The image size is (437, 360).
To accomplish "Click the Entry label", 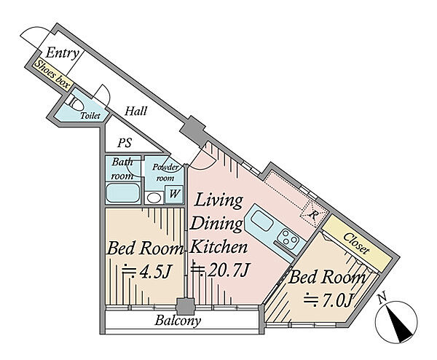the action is pos(62,53).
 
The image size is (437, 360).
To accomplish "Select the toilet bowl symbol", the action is pos(75,103).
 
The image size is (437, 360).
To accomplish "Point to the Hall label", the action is pos(135,111).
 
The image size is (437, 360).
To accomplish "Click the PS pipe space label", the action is pos(125,143).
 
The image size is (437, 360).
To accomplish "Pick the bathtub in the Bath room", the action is pos(122,192).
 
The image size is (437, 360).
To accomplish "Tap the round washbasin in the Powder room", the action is pos(154,198).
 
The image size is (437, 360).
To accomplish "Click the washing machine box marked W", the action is pos(174,194).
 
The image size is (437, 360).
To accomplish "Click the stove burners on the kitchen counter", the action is pos(290,238).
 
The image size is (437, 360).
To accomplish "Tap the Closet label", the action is pos(356,243).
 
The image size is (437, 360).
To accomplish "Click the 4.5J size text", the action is pos(145,271).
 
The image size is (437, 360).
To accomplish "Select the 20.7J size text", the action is pos(220,270).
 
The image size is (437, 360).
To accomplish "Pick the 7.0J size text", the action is pos(326,300).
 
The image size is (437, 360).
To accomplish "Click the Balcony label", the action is pos(178,321).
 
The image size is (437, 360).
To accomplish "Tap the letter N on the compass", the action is pos(383,297).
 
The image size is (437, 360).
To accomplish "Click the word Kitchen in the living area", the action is pos(220,247).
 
